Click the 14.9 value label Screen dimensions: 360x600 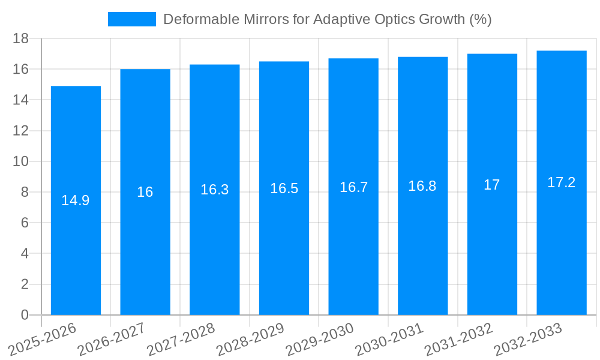pyautogui.click(x=76, y=200)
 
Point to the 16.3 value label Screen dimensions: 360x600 pyautogui.click(x=215, y=190)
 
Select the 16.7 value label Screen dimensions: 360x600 pyautogui.click(x=353, y=187)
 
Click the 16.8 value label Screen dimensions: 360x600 pyautogui.click(x=422, y=186)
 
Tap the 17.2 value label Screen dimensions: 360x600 pyautogui.click(x=562, y=182)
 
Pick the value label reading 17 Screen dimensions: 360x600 pyautogui.click(x=492, y=185)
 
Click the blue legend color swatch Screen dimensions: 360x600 pyautogui.click(x=131, y=19)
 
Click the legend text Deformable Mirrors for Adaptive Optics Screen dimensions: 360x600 pyautogui.click(x=327, y=19)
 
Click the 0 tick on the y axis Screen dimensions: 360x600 pyautogui.click(x=25, y=315)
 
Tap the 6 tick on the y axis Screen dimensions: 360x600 pyautogui.click(x=25, y=223)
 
